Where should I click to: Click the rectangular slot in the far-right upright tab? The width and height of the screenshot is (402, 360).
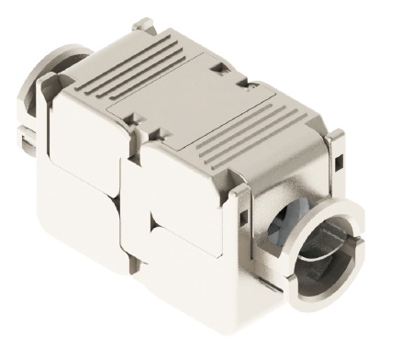point(339,164)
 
